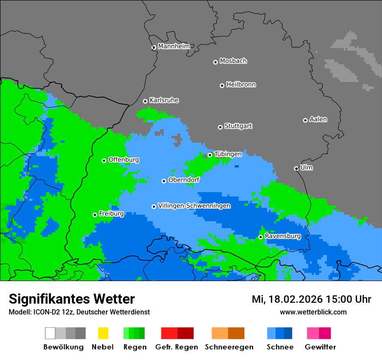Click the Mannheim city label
point(174,46)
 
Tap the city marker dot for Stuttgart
point(220,127)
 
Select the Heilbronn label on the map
point(241,85)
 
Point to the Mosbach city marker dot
point(215,62)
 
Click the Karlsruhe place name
point(164,100)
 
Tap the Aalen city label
point(318,119)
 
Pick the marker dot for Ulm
point(296,168)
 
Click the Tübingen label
point(228,154)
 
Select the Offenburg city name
point(124,160)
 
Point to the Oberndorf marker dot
point(164,181)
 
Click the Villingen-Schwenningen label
point(194,206)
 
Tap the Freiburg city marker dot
point(95,215)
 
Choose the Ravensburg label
point(283,236)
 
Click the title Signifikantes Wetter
point(72,299)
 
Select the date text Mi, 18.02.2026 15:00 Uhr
point(311,299)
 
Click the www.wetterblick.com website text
point(313,312)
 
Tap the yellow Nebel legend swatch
point(103,333)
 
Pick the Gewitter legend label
point(320,347)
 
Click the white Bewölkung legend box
point(50,333)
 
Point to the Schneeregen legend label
point(228,347)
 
